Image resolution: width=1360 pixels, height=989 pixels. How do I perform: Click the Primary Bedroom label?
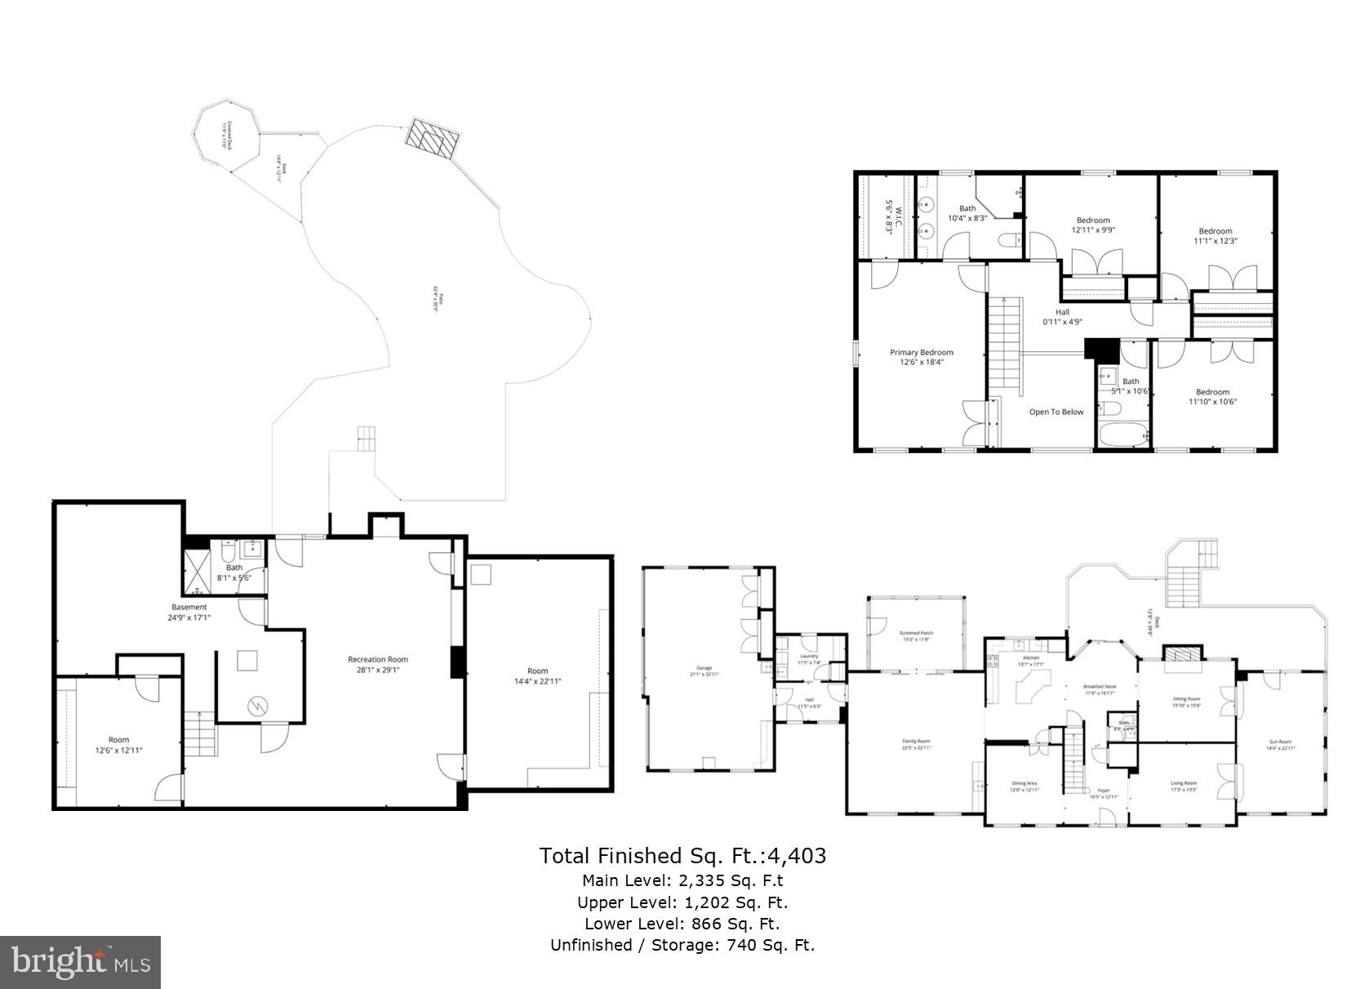click(x=921, y=357)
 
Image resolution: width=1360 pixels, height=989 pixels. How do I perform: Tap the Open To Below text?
click(x=1056, y=412)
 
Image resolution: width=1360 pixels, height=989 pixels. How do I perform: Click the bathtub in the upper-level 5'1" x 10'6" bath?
click(x=1122, y=433)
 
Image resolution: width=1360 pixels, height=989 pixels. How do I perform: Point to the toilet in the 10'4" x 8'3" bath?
click(x=1010, y=239)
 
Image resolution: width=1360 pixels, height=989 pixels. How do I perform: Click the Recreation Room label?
click(x=377, y=664)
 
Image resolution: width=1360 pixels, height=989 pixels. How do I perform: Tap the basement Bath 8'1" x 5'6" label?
click(x=234, y=572)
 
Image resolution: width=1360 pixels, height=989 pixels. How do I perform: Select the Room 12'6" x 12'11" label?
click(x=118, y=744)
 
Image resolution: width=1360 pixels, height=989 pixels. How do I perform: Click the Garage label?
click(x=704, y=670)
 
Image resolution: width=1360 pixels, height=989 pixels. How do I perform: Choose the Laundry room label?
click(x=809, y=658)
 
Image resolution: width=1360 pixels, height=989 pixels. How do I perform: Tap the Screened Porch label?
click(x=916, y=635)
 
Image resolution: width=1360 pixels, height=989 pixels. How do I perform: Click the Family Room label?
click(x=916, y=744)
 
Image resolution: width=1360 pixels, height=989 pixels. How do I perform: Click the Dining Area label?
click(x=1024, y=786)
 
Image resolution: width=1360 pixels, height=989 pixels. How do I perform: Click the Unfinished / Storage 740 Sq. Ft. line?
click(x=682, y=945)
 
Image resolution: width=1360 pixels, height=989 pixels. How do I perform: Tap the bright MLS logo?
click(x=80, y=962)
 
